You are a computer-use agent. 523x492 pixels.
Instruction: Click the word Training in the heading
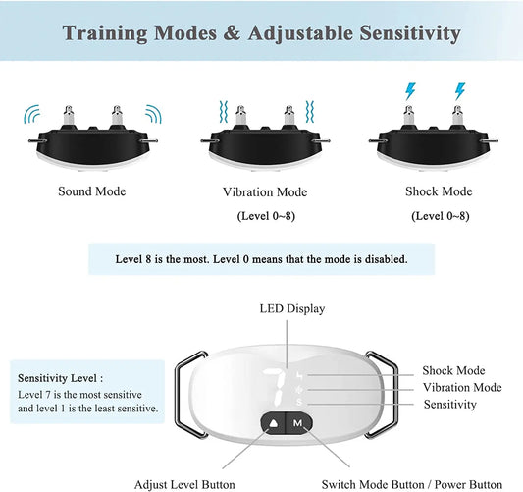(x=105, y=34)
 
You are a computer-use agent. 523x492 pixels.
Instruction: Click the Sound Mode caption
(x=92, y=191)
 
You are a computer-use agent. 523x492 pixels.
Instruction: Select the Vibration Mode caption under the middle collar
(x=265, y=191)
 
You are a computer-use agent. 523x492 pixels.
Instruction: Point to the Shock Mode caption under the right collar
(x=439, y=191)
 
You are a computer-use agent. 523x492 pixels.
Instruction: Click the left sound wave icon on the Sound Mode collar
(x=32, y=114)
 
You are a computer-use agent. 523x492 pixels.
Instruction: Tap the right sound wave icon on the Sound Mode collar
(x=153, y=114)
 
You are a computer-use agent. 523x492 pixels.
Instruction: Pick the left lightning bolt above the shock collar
(x=410, y=91)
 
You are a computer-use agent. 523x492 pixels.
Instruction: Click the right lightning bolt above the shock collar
(x=460, y=91)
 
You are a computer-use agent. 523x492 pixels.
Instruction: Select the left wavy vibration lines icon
(x=223, y=112)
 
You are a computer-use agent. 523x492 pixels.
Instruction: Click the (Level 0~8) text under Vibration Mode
(x=266, y=216)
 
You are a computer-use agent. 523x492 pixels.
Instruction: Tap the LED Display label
(x=292, y=308)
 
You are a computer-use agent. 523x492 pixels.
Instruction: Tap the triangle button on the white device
(x=274, y=423)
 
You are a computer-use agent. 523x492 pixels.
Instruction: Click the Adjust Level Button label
(x=184, y=485)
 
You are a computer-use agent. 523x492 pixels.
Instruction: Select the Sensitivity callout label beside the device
(x=450, y=405)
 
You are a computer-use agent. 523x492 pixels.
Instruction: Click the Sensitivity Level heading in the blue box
(x=61, y=378)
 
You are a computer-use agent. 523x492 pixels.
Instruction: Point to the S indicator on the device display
(x=299, y=403)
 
